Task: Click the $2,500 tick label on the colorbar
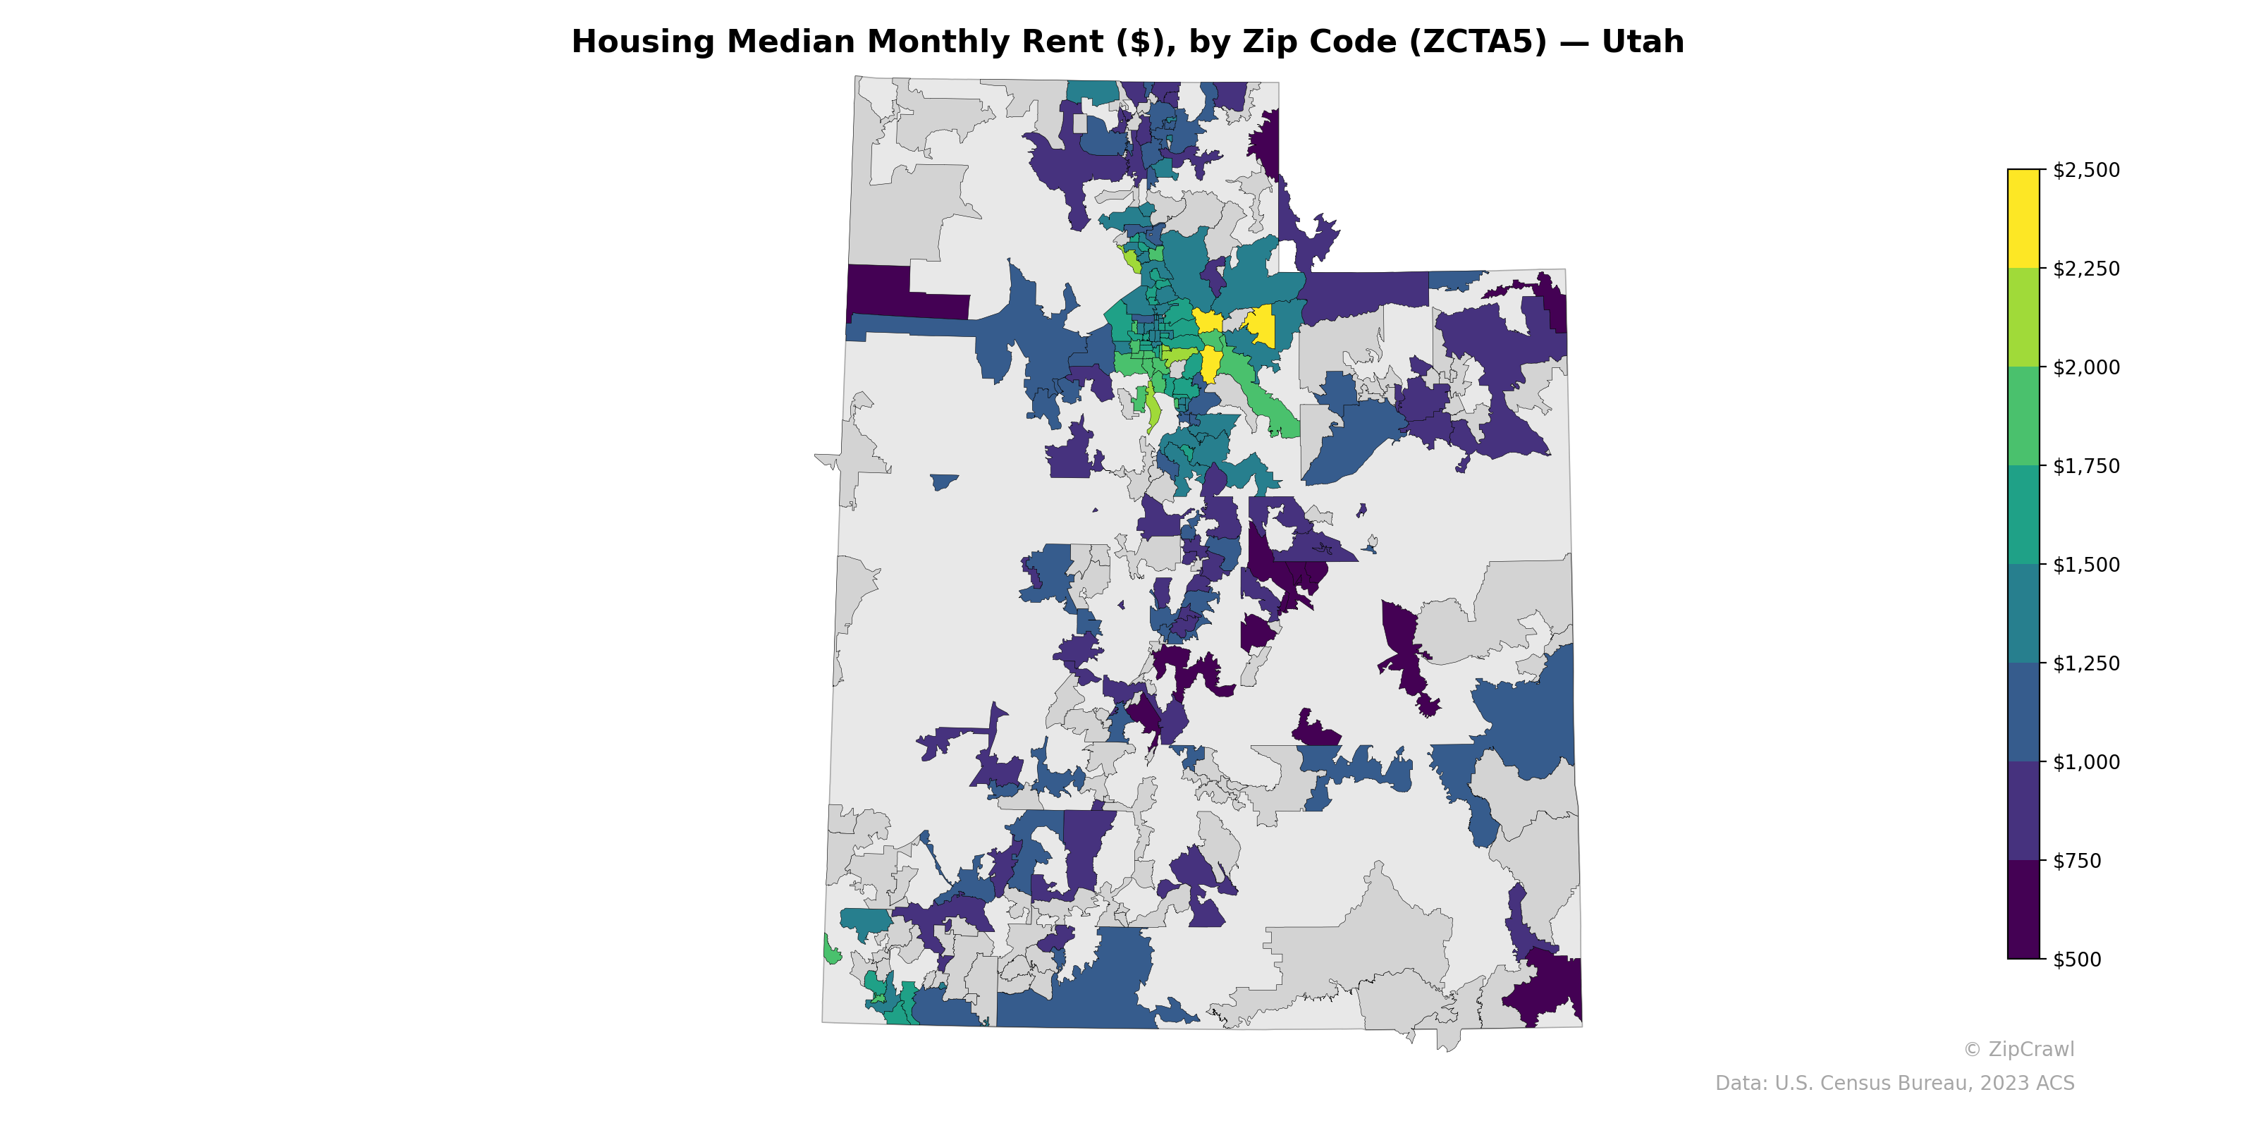(2086, 170)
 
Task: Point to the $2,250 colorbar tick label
(2086, 269)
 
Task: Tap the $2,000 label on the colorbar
(2086, 367)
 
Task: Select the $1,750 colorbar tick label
(2086, 466)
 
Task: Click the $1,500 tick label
(2086, 565)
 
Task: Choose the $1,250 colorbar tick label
(2086, 663)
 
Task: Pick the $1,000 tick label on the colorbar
(2086, 762)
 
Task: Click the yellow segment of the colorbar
(2023, 219)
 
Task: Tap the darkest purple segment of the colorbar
(2023, 910)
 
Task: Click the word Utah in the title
(1642, 42)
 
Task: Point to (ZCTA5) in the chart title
(1478, 42)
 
